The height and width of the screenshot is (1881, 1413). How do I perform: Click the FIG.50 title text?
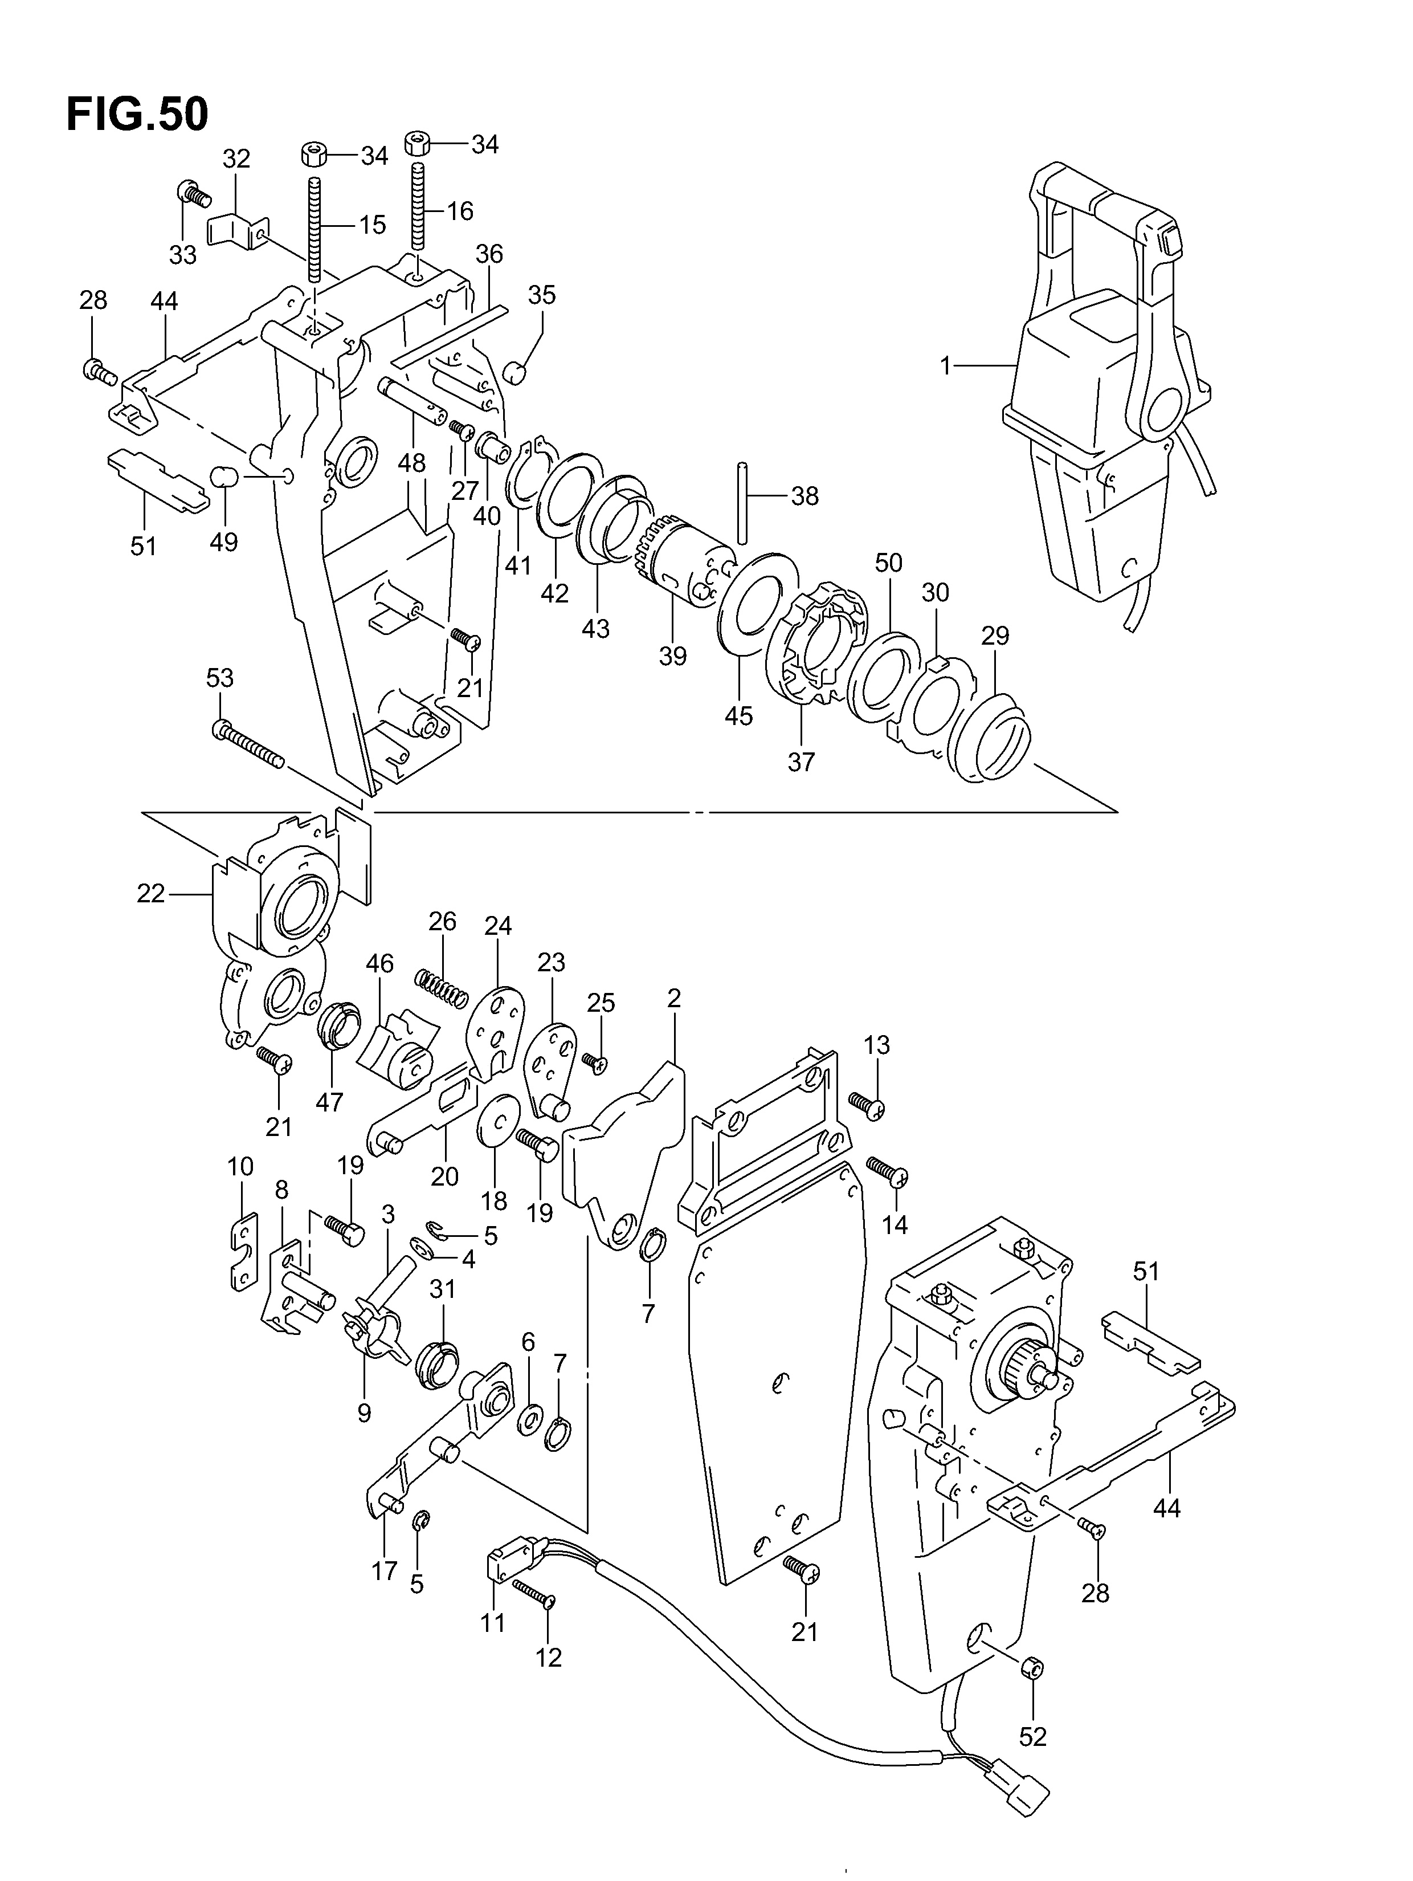137,115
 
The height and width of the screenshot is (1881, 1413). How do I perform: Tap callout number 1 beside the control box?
945,366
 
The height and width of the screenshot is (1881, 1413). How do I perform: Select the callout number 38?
804,496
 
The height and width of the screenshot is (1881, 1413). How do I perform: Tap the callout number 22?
150,894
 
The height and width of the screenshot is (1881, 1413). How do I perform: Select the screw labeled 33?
193,195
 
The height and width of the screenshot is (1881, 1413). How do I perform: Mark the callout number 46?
380,963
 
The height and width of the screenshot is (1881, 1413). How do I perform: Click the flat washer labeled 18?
499,1121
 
